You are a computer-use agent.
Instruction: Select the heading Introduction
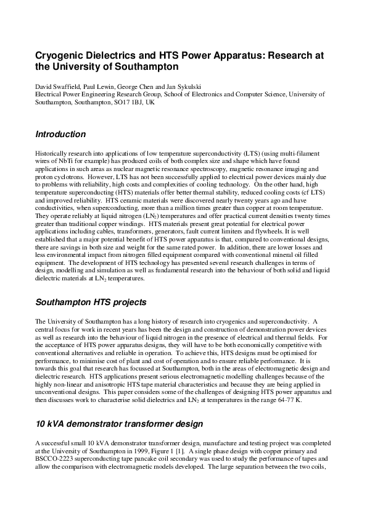60,134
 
